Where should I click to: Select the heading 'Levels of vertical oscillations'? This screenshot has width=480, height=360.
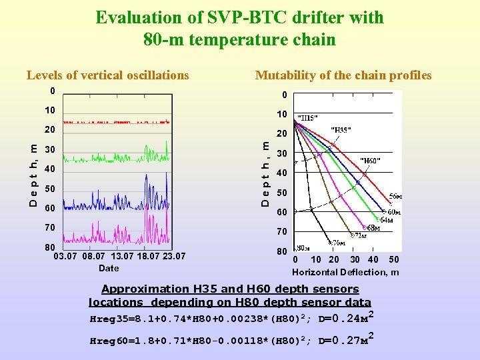[107, 75]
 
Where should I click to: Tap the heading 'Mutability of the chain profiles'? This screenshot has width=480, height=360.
[343, 75]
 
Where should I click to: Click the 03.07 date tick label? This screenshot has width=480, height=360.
[65, 256]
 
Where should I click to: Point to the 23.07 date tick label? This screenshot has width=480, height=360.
[173, 256]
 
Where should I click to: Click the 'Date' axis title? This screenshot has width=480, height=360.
[109, 268]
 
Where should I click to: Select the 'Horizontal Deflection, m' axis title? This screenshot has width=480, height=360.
[345, 272]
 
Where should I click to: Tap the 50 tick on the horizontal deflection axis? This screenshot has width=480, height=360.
[394, 259]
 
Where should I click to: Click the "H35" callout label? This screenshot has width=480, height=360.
[341, 130]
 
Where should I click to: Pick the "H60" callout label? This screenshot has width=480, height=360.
[370, 161]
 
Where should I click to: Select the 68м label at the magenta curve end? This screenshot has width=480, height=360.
[374, 227]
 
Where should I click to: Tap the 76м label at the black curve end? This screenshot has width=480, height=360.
[339, 242]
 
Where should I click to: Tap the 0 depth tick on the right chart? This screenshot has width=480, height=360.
[284, 95]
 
